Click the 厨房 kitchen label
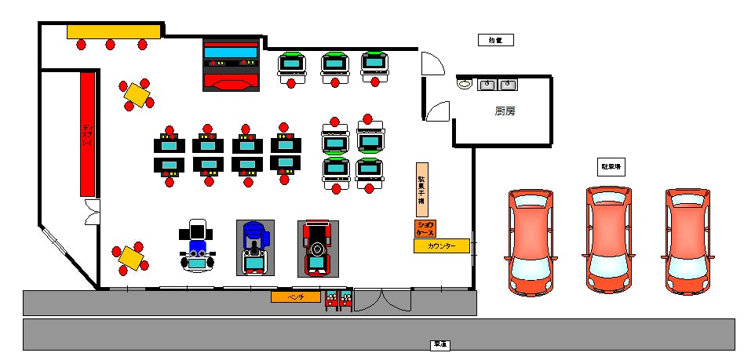coord(505,111)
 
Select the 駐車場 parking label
coord(611,166)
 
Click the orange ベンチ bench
coord(296,296)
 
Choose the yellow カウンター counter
coord(441,245)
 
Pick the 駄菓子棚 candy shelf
coord(421,189)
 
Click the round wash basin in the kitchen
coord(463,83)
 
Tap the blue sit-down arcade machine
coord(254,247)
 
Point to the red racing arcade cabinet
coord(317,248)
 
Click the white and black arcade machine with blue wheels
coord(196,245)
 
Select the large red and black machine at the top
coord(231,64)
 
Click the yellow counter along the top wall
coord(113,31)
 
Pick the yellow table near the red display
coord(137,94)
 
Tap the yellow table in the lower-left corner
coord(131,256)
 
